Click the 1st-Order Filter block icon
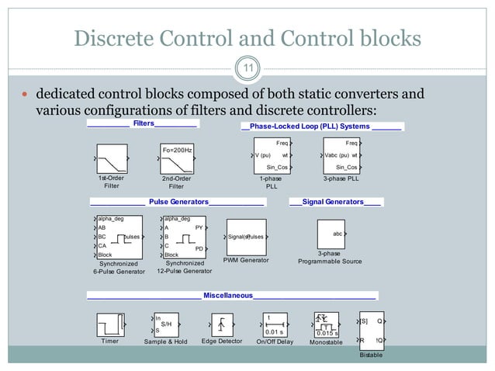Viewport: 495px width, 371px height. [x=112, y=159]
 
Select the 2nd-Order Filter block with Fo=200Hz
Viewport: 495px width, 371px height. [x=177, y=159]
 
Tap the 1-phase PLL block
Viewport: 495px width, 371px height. [x=271, y=154]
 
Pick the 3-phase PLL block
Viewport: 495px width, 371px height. [x=341, y=154]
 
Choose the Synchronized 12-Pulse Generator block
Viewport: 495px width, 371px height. [x=184, y=237]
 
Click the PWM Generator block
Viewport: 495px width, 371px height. [x=246, y=236]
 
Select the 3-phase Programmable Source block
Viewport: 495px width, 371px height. [x=331, y=234]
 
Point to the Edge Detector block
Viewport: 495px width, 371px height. [x=223, y=324]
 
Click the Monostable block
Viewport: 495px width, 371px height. [x=325, y=324]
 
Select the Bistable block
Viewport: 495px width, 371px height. [x=370, y=330]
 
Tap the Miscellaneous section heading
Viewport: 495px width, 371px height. [x=228, y=295]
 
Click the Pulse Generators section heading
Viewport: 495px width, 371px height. [x=178, y=202]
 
